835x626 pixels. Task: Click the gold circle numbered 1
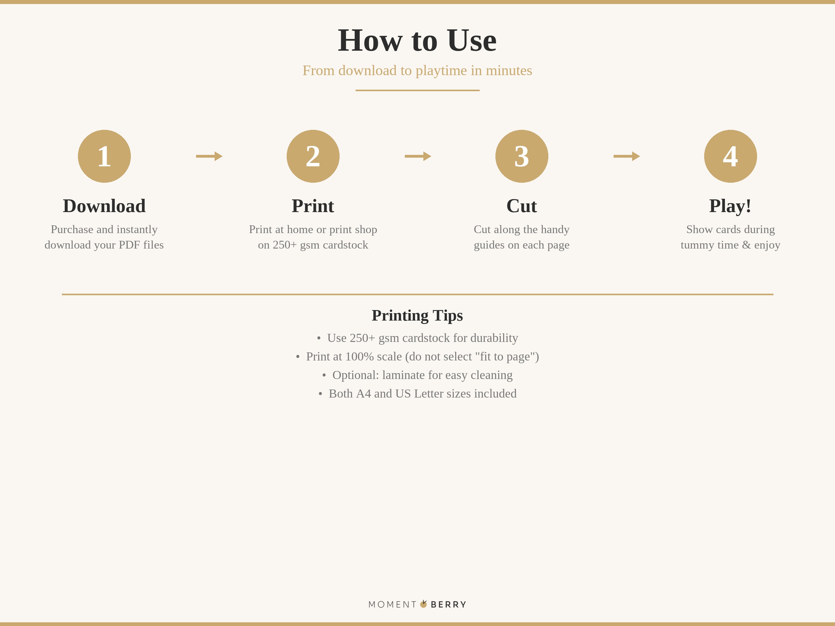click(x=104, y=156)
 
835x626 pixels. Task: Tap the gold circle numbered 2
click(x=313, y=156)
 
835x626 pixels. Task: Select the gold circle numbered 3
click(x=522, y=156)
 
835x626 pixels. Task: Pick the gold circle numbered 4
click(x=730, y=156)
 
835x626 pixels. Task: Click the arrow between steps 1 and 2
click(x=209, y=156)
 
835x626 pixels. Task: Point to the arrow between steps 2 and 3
click(x=418, y=156)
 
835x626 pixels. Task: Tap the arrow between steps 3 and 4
click(x=627, y=156)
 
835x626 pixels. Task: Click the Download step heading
click(x=104, y=206)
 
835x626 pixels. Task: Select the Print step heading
click(x=313, y=206)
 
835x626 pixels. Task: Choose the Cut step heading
click(x=522, y=206)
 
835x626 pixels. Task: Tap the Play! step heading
click(x=730, y=206)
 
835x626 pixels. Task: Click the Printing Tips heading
click(x=417, y=315)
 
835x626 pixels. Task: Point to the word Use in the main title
click(x=472, y=40)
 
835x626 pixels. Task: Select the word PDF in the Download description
click(x=129, y=245)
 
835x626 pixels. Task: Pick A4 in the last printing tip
click(x=363, y=394)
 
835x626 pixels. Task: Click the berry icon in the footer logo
click(x=424, y=604)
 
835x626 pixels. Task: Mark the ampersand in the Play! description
click(x=746, y=245)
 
